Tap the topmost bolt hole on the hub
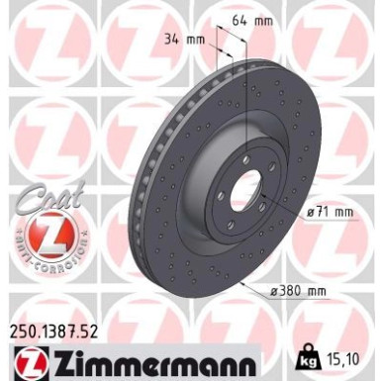pos(246,158)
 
